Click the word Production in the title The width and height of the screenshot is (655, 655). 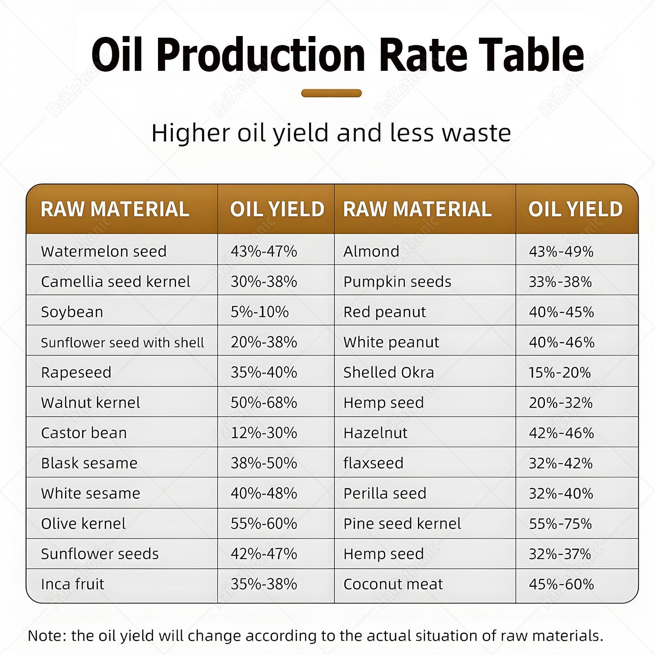[261, 54]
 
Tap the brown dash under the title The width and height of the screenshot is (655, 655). [332, 93]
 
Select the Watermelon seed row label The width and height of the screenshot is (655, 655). [104, 251]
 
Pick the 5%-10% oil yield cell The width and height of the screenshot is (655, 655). [260, 312]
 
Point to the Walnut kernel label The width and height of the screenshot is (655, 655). [90, 402]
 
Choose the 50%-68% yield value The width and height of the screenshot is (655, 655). [264, 402]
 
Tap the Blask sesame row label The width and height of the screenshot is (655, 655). [89, 463]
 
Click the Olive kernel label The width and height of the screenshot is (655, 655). [84, 524]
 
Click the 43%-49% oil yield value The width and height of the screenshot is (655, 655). [561, 251]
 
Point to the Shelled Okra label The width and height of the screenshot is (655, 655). [388, 372]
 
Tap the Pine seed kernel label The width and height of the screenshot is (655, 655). [402, 524]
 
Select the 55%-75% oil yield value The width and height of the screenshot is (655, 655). [560, 524]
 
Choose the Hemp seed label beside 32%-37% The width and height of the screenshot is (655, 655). [384, 554]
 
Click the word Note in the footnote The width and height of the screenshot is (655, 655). [45, 636]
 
